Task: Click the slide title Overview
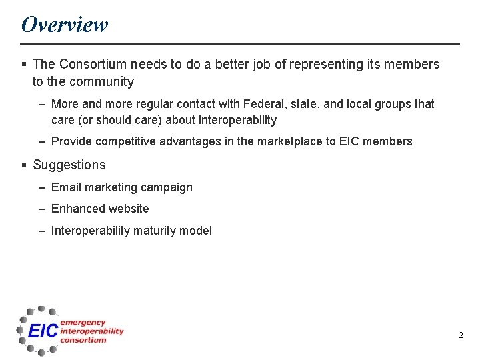(x=64, y=25)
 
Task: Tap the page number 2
(x=460, y=335)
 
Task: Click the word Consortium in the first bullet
(x=92, y=64)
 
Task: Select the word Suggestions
(x=69, y=165)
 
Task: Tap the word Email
(x=66, y=187)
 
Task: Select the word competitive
(x=127, y=141)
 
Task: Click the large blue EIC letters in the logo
(x=43, y=331)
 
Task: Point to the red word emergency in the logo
(x=83, y=323)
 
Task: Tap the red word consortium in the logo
(x=83, y=340)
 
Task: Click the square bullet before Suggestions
(x=24, y=165)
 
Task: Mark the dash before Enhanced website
(x=42, y=209)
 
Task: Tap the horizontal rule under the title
(x=240, y=44)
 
